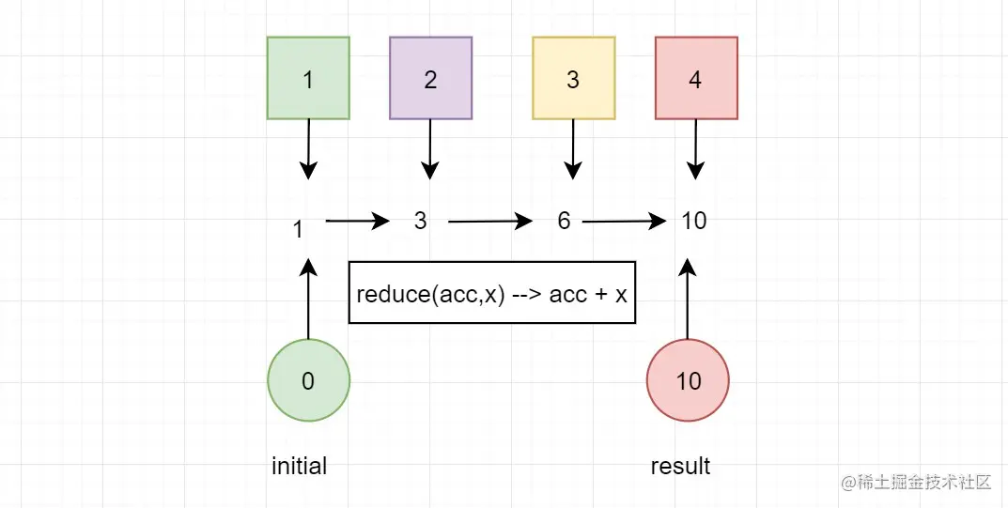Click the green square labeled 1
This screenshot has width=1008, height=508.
click(x=308, y=78)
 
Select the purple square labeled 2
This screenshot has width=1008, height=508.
click(x=430, y=78)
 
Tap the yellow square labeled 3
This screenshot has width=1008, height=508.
click(x=573, y=78)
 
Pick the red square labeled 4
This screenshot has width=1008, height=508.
click(x=696, y=78)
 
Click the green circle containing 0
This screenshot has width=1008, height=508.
click(x=308, y=380)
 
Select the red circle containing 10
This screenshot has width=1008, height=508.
click(x=688, y=380)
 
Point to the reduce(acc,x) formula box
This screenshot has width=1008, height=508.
click(x=492, y=292)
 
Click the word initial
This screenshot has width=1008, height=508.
click(x=299, y=466)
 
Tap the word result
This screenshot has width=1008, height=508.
click(x=680, y=466)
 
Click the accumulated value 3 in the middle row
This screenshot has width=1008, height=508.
click(x=420, y=221)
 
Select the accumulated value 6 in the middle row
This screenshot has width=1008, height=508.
click(x=564, y=221)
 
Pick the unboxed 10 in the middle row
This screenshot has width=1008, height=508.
click(x=693, y=221)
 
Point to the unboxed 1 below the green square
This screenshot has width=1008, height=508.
click(x=298, y=229)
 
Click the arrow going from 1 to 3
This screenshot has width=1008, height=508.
click(x=357, y=222)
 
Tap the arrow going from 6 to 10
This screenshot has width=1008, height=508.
click(x=624, y=223)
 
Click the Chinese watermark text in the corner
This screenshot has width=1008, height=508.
click(x=917, y=482)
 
